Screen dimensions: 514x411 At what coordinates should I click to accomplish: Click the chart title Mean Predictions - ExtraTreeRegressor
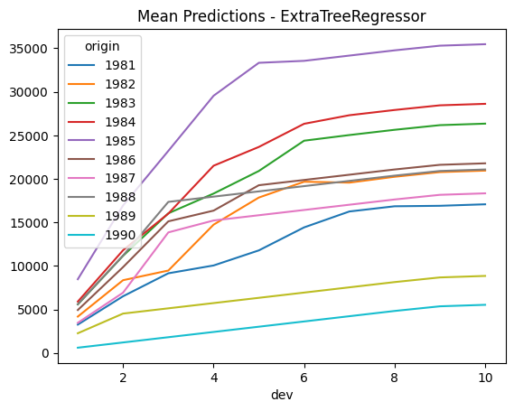(x=282, y=16)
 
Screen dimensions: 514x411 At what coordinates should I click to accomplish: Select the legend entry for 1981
(x=101, y=65)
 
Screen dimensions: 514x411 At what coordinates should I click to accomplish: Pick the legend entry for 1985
(x=101, y=141)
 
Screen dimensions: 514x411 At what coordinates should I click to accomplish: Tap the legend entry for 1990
(x=101, y=236)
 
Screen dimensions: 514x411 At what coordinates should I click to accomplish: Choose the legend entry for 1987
(x=101, y=179)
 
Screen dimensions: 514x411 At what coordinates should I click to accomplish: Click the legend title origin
(x=102, y=47)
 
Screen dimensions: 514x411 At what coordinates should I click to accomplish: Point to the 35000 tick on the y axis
(x=29, y=49)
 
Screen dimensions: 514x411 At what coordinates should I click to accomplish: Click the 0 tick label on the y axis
(x=45, y=354)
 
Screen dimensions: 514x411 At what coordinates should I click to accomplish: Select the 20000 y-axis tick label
(x=29, y=180)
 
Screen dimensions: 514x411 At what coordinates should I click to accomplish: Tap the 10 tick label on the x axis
(x=485, y=378)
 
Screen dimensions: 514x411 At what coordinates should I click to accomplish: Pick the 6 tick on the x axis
(x=304, y=378)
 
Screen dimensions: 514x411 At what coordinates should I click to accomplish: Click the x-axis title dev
(x=282, y=395)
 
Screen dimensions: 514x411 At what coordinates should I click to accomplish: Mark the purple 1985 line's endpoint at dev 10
(x=485, y=44)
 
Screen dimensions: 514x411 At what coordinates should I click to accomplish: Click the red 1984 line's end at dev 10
(x=485, y=104)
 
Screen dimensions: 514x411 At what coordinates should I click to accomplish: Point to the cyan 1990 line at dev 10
(x=485, y=304)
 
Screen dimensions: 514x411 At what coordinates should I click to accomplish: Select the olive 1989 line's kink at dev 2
(x=123, y=313)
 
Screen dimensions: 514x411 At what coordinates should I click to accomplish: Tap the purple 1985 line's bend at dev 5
(x=259, y=62)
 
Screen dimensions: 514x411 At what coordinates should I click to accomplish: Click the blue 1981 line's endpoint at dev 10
(x=485, y=204)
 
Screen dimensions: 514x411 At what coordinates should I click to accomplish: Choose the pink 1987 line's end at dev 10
(x=485, y=193)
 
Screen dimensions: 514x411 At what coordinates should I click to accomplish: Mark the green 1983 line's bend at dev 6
(x=304, y=141)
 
